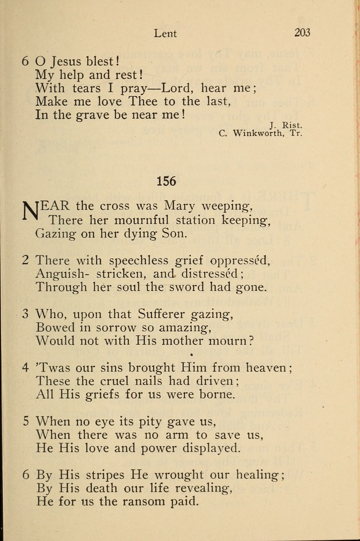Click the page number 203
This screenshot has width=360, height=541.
pos(302,33)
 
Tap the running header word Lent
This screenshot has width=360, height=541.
pos(165,33)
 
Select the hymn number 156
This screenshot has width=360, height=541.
pos(166,181)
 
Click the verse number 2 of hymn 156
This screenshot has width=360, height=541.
pos(25,260)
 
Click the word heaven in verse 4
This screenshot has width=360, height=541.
pos(263,368)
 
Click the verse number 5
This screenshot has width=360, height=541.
pos(25,422)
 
